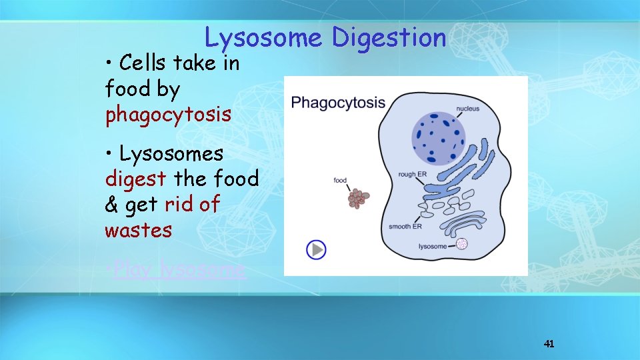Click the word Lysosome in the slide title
(x=263, y=38)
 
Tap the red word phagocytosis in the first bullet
(x=168, y=115)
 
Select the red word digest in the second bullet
(x=136, y=179)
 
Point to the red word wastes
(x=138, y=231)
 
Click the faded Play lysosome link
(x=178, y=270)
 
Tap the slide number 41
(x=549, y=344)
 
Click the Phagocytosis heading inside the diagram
(x=338, y=103)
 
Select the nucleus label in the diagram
(x=467, y=108)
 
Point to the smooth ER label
(x=405, y=227)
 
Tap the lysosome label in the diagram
(x=432, y=247)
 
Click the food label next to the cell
(x=340, y=180)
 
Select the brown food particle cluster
(x=359, y=198)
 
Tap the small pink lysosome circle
(x=461, y=244)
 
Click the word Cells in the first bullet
(x=143, y=63)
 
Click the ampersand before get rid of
(x=111, y=205)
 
